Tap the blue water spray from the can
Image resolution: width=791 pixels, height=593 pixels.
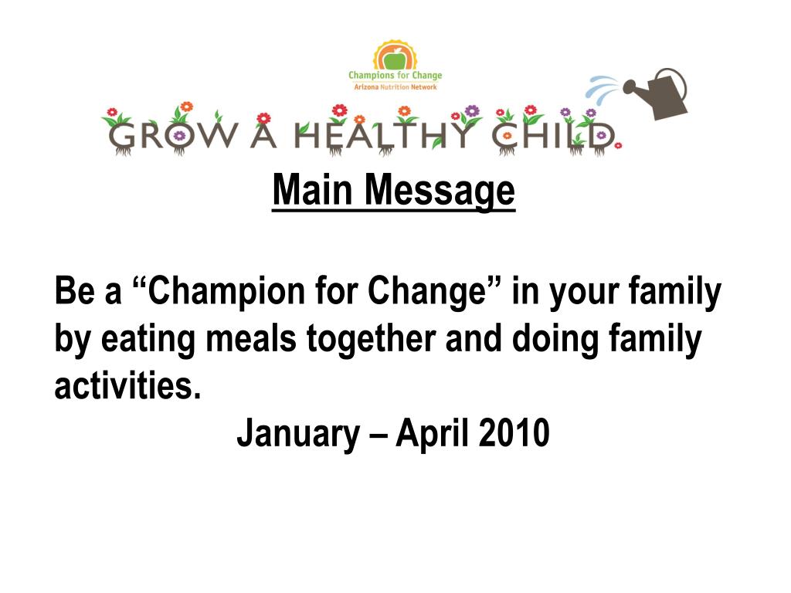605,90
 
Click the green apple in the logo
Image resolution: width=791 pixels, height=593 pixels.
395,58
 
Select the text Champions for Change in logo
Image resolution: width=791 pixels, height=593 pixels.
395,76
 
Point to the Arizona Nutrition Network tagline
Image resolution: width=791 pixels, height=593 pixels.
395,87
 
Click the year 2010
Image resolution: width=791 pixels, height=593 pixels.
514,433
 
